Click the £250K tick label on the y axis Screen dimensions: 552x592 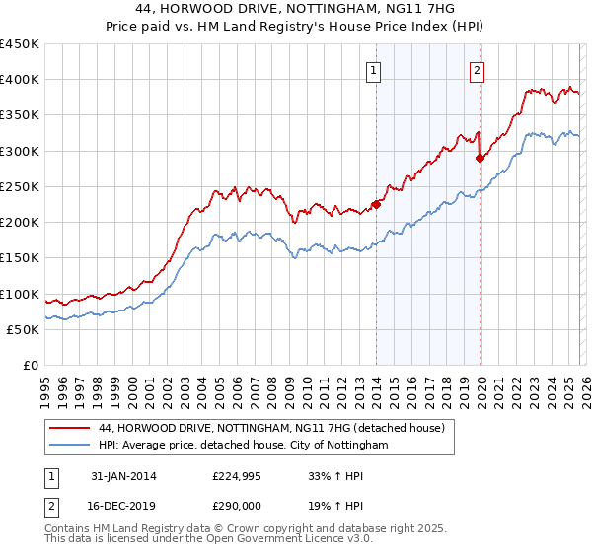click(x=20, y=186)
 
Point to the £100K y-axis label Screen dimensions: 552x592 click(x=20, y=294)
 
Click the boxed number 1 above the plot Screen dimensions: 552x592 click(x=376, y=70)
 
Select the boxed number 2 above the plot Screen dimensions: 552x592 click(x=477, y=70)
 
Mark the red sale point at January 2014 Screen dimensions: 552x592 click(x=376, y=205)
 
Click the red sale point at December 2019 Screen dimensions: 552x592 click(x=480, y=158)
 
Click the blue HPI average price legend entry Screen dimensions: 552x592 click(x=243, y=446)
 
